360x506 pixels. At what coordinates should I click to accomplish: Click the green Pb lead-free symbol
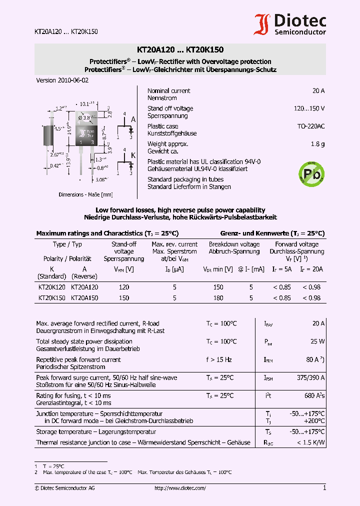(308, 173)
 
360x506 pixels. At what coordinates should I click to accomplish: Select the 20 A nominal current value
(318, 91)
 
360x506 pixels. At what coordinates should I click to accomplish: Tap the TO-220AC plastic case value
(311, 126)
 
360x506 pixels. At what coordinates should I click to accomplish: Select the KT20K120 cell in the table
(51, 287)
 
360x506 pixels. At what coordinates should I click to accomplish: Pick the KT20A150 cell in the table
(84, 298)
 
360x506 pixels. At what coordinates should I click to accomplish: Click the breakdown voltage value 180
(218, 298)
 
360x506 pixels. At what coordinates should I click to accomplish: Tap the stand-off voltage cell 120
(123, 287)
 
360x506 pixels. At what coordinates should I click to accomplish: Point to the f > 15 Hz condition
(219, 359)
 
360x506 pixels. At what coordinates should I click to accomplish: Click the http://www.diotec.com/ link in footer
(180, 488)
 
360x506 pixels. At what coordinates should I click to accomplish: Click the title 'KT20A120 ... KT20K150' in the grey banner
(180, 50)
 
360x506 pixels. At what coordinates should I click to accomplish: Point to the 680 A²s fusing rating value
(314, 395)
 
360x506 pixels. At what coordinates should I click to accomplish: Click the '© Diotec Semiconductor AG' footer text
(64, 488)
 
